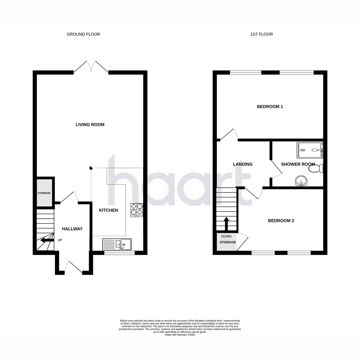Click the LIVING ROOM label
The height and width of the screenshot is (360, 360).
[90, 124]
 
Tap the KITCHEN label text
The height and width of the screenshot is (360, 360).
[108, 210]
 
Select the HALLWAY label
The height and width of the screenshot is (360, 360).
[72, 229]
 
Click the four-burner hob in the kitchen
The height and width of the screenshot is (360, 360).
[137, 210]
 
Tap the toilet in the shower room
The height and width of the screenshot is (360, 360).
[316, 168]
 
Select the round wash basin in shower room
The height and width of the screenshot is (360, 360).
[301, 181]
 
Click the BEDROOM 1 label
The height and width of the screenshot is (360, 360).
[270, 106]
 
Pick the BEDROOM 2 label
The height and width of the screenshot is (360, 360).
[281, 220]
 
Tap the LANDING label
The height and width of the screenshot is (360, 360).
[243, 164]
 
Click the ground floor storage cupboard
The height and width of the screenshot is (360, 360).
[44, 193]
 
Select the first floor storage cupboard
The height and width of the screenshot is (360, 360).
[227, 242]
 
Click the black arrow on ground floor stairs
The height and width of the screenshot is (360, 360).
[47, 240]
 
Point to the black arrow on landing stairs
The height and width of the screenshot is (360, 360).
[226, 224]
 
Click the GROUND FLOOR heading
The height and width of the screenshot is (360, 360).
[83, 34]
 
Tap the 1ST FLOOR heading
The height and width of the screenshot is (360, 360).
[261, 34]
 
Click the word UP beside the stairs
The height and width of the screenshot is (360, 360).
[60, 240]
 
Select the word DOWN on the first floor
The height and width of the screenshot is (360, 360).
[226, 236]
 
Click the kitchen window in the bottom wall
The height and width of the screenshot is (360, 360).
[119, 253]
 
